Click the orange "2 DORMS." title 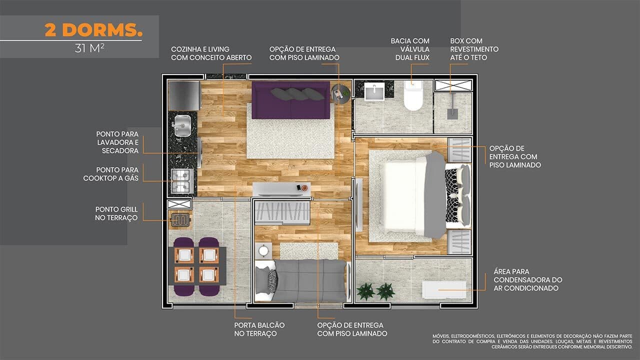[x=93, y=30]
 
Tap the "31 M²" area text [x=89, y=48]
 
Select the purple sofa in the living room [x=291, y=100]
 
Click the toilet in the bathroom [x=413, y=95]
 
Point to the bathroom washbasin [x=374, y=91]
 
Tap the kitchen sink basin [x=182, y=125]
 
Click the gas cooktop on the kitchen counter [x=182, y=181]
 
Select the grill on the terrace [x=180, y=220]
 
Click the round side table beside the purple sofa [x=341, y=93]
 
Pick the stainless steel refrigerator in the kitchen [x=184, y=95]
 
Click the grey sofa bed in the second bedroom [x=301, y=280]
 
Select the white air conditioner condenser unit [x=444, y=289]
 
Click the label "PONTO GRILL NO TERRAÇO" [x=116, y=213]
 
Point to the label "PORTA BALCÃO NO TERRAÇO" [x=259, y=329]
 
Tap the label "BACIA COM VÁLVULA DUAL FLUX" [x=410, y=49]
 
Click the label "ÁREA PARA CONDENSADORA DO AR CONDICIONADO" [x=527, y=279]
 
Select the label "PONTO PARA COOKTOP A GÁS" [x=111, y=174]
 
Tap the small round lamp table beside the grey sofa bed [x=263, y=251]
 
